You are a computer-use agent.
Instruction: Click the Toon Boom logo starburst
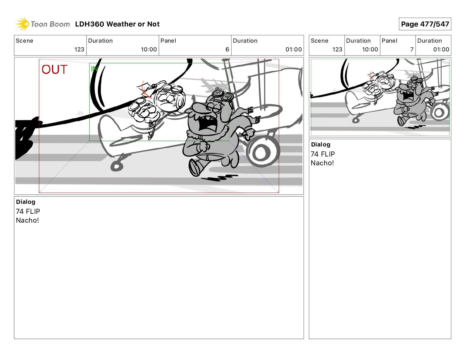[22, 24]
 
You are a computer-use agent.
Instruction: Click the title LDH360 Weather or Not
[117, 24]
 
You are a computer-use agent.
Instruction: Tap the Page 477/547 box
[425, 24]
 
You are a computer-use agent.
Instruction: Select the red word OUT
[54, 69]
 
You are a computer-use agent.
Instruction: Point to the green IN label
[94, 69]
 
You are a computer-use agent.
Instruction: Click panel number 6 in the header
[227, 49]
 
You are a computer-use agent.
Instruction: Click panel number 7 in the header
[412, 49]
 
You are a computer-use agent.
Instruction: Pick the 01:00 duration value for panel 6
[294, 49]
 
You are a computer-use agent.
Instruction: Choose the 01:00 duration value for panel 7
[441, 49]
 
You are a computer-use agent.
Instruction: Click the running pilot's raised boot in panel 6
[196, 168]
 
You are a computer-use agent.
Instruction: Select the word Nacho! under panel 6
[27, 220]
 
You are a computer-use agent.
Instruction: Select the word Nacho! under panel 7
[322, 163]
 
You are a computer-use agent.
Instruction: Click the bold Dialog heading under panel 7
[321, 144]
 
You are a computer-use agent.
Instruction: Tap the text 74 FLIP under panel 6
[28, 211]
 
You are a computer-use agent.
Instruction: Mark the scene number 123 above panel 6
[79, 49]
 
